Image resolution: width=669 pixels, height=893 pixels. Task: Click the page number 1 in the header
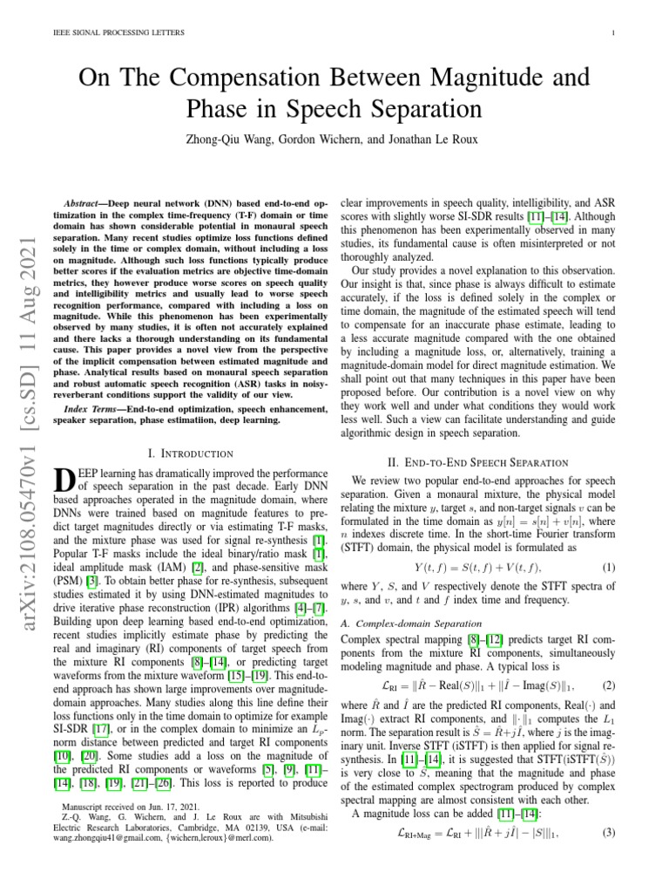(615, 34)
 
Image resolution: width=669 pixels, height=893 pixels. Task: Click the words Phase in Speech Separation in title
(334, 110)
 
